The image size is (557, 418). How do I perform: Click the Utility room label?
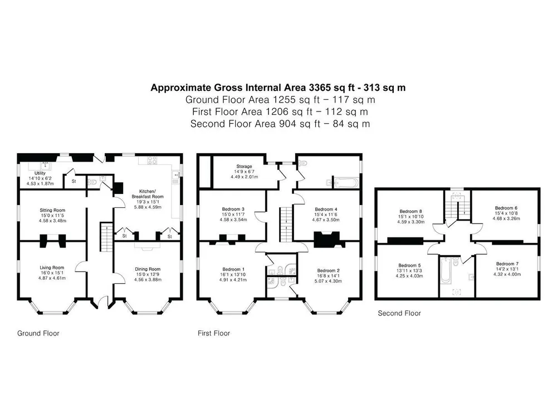(40, 173)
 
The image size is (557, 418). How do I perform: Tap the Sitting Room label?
(52, 210)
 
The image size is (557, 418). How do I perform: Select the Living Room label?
(52, 268)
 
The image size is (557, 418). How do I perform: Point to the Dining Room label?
(148, 269)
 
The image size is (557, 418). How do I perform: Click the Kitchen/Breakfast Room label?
(148, 194)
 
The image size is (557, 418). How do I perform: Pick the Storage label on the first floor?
(244, 166)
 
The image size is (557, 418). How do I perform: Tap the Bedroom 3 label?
(233, 210)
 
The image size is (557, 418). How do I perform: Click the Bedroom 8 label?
(411, 211)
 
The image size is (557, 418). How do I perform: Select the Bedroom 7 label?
(507, 264)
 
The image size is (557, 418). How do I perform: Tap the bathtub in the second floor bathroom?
(445, 270)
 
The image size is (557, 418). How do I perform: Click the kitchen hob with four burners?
(152, 161)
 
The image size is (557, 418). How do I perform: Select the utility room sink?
(45, 166)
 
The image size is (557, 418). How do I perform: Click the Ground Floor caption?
(38, 333)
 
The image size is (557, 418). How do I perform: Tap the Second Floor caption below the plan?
(399, 313)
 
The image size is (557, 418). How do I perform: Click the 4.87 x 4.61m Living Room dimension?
(52, 278)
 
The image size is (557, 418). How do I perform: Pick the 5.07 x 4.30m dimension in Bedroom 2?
(328, 281)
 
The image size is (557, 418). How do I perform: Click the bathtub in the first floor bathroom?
(345, 183)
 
